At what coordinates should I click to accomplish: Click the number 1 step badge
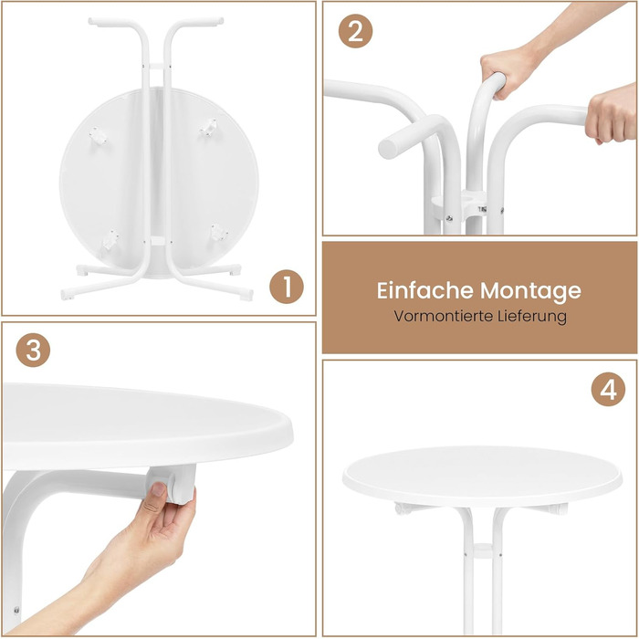click(287, 287)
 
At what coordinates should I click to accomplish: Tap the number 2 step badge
click(355, 31)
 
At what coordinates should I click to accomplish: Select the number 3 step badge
click(33, 350)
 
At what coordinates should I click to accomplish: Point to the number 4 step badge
click(608, 389)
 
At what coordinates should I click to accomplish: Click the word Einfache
click(425, 290)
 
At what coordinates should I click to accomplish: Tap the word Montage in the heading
click(530, 291)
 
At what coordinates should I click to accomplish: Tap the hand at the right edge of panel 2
click(612, 113)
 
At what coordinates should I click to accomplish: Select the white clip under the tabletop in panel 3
click(173, 484)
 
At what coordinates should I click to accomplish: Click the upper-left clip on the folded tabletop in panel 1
click(99, 135)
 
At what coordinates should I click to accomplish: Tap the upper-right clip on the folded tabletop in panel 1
click(209, 127)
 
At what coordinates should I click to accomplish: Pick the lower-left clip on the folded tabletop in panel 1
click(110, 239)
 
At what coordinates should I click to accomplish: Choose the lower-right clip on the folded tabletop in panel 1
click(219, 232)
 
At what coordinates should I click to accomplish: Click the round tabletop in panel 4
click(482, 476)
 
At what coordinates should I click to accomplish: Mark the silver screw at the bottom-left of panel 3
click(16, 610)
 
